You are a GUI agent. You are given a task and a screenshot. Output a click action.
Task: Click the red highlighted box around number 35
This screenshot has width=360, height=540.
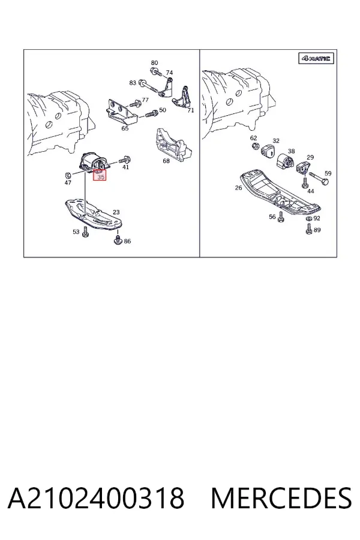[x=100, y=175]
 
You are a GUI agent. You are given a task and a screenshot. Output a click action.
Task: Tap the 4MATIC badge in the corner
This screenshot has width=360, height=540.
[x=316, y=59]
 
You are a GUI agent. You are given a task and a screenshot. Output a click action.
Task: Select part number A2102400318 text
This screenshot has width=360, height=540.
[x=96, y=498]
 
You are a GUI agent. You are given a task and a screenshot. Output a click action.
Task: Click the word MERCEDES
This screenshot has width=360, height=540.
[x=281, y=498]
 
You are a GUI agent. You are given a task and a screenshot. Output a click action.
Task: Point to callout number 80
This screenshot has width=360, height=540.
[x=154, y=62]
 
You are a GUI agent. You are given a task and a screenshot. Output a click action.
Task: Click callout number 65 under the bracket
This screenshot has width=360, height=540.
[x=125, y=128]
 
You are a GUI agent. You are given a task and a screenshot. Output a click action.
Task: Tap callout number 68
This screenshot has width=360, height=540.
[x=166, y=160]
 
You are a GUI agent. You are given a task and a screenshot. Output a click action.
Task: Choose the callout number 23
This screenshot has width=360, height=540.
[x=116, y=212]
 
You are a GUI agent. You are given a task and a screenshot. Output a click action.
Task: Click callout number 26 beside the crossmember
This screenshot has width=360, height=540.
[x=238, y=188]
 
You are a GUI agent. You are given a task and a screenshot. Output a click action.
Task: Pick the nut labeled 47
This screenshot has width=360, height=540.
[x=68, y=175]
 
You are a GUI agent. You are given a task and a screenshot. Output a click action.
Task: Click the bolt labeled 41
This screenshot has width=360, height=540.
[x=124, y=160]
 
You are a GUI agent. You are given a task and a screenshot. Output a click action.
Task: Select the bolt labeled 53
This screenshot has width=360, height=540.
[x=85, y=233]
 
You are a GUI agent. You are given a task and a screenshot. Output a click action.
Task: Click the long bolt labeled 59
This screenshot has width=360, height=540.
[x=319, y=178]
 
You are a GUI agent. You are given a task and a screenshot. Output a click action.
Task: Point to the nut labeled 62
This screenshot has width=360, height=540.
[x=255, y=147]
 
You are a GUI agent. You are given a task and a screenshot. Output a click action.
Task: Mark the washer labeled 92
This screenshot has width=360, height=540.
[x=309, y=219]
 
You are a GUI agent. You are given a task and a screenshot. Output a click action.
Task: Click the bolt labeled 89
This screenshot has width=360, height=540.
[x=309, y=229]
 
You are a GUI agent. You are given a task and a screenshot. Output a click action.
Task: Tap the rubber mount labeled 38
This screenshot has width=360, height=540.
[x=285, y=161]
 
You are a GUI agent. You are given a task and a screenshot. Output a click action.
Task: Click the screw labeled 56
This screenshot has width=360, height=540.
[x=280, y=216]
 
